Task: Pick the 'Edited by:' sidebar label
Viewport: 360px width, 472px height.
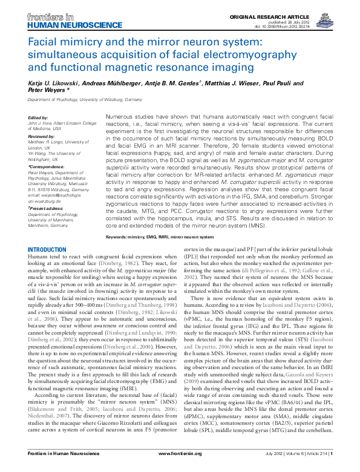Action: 38,117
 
